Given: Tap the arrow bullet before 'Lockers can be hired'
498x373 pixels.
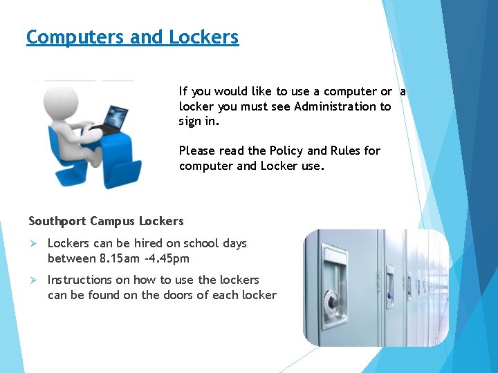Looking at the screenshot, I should tap(33, 243).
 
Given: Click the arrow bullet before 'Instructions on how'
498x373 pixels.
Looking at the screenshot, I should tap(33, 280).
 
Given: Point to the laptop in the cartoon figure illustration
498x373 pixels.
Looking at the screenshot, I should tap(111, 117).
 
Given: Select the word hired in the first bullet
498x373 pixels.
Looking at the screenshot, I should tap(147, 243).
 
